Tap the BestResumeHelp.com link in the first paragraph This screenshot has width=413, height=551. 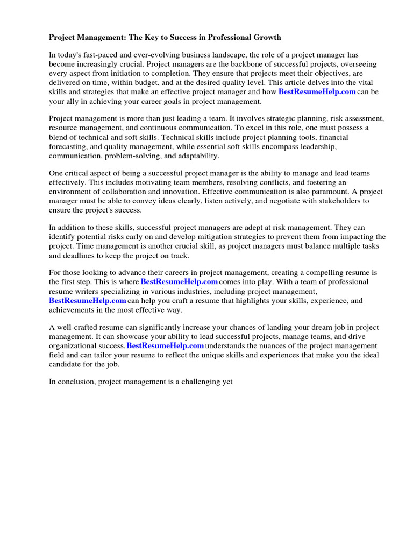coord(317,91)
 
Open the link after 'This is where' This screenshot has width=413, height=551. coord(179,282)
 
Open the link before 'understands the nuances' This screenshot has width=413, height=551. coord(165,345)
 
